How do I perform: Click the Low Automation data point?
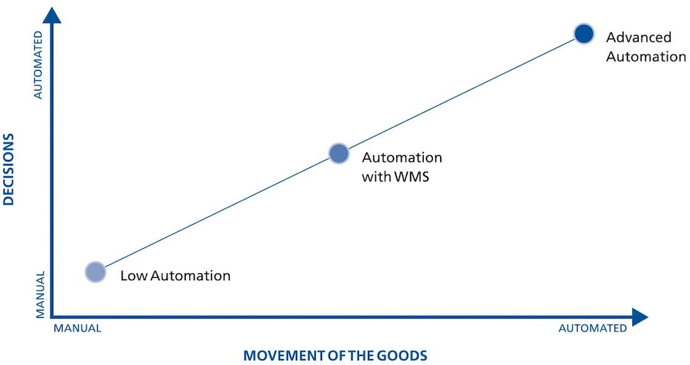pyautogui.click(x=96, y=272)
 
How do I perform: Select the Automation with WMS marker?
pyautogui.click(x=339, y=153)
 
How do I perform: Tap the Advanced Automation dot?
pyautogui.click(x=584, y=33)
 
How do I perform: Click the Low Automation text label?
pyautogui.click(x=175, y=275)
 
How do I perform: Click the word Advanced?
pyautogui.click(x=639, y=38)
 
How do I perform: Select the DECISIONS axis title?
pyautogui.click(x=9, y=169)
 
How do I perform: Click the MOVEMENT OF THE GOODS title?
pyautogui.click(x=335, y=355)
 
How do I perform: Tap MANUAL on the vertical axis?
pyautogui.click(x=40, y=294)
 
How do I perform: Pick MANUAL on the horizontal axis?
pyautogui.click(x=77, y=328)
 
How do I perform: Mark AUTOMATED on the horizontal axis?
pyautogui.click(x=592, y=328)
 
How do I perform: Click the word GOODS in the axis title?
pyautogui.click(x=405, y=355)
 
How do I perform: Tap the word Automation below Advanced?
pyautogui.click(x=646, y=57)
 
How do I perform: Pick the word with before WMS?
pyautogui.click(x=376, y=177)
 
